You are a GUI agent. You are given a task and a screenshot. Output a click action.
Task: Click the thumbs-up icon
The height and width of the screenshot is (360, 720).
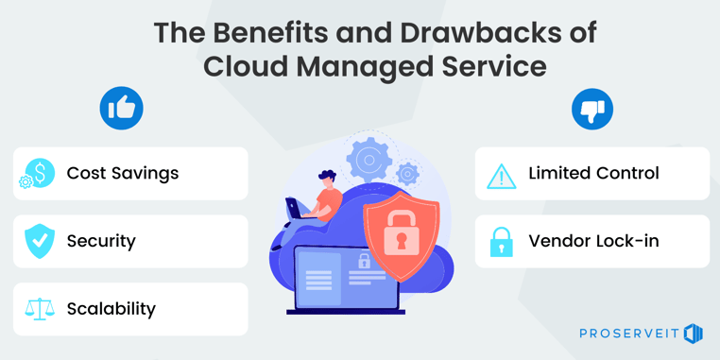point(121,109)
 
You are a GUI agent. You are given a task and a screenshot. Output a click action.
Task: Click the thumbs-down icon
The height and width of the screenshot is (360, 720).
point(592,109)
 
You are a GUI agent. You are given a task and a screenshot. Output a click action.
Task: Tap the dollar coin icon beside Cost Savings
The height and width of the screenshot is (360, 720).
point(40,173)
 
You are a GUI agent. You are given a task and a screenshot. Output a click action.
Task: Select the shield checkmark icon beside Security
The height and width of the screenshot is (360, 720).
point(40,241)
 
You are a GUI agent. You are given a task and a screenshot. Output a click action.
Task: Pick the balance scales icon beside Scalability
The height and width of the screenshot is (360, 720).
point(40,309)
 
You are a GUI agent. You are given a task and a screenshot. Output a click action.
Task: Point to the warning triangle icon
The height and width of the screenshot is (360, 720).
point(501,175)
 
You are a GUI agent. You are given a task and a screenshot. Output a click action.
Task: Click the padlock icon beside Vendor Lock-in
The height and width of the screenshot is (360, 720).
point(501,242)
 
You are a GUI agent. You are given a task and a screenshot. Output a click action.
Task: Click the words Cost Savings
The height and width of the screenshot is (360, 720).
point(123,173)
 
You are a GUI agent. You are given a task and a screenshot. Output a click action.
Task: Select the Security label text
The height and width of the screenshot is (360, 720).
point(101,241)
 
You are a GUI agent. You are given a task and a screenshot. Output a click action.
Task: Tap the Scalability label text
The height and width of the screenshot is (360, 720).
point(111,309)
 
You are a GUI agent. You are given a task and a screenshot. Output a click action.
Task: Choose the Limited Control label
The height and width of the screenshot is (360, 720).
point(593,173)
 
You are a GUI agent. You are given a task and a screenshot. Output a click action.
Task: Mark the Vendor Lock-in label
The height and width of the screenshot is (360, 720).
point(593,241)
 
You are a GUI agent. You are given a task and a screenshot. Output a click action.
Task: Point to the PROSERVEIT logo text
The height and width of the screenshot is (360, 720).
point(629,334)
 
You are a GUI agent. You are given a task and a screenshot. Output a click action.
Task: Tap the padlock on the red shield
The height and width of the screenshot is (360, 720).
point(401,231)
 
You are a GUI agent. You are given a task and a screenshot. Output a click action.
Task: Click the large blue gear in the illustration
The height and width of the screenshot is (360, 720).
point(369,161)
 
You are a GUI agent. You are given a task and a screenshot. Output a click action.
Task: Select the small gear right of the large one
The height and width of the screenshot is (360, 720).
point(407,174)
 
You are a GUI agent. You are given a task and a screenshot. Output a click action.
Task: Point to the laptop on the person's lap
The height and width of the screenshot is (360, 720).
point(297,209)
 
